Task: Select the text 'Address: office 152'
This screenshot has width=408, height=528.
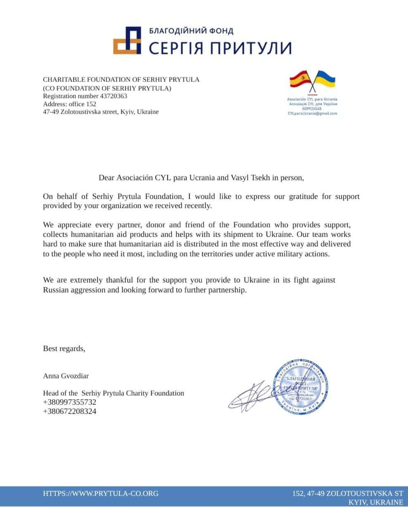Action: (69, 104)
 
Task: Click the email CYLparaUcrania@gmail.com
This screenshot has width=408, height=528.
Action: (312, 113)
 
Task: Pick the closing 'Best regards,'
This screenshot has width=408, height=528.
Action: (64, 349)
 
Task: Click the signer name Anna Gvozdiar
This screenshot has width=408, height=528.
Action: (66, 376)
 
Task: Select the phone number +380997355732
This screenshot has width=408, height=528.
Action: (69, 402)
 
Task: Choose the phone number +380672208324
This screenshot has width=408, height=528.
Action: (69, 411)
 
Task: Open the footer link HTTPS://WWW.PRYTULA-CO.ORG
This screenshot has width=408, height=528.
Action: (100, 493)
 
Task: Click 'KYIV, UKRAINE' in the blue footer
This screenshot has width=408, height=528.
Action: (375, 502)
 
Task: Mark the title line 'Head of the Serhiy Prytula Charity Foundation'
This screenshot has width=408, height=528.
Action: (114, 393)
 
